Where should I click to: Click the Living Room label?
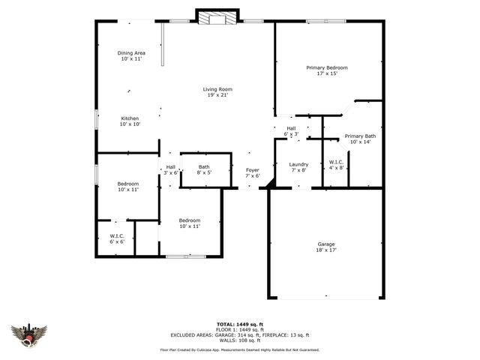coord(216,89)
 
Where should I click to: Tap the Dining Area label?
coord(131,52)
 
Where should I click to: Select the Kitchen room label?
coord(130,118)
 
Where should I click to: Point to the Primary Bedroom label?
coord(326,67)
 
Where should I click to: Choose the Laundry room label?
coord(298,164)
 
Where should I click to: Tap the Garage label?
coord(325,244)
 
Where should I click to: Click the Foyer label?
coord(253,169)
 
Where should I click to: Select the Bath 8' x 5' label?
coord(204,166)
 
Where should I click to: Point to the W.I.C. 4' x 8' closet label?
coord(336,161)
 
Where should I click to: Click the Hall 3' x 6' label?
coord(170,166)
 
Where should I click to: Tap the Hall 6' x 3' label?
coord(291,128)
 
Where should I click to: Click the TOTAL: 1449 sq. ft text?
coord(240,325)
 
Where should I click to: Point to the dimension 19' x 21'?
coord(216,95)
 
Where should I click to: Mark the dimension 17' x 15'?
coord(326,73)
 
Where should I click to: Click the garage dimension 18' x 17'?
coord(325,250)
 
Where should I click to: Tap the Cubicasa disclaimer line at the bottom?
coord(240,349)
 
